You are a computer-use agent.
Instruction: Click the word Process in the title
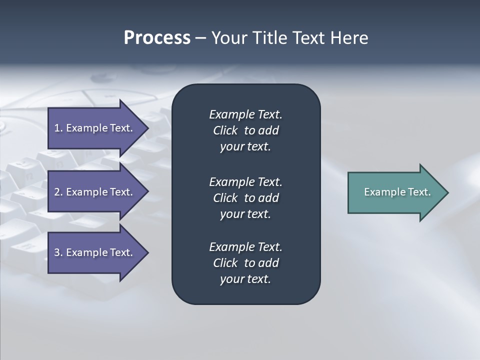click(157, 38)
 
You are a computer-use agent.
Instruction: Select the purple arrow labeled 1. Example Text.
click(93, 128)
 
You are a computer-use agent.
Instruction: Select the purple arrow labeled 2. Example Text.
click(93, 192)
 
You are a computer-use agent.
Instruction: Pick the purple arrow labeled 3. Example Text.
click(93, 252)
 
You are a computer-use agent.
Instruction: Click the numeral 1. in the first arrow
click(58, 128)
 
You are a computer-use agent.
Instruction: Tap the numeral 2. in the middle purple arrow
click(58, 192)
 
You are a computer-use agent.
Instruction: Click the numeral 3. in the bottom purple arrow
click(58, 252)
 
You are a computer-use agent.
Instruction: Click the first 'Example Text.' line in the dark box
click(245, 114)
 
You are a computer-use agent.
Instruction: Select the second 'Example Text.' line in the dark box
click(245, 181)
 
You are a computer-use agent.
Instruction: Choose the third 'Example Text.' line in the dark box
click(245, 247)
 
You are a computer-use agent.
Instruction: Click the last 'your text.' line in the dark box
click(245, 279)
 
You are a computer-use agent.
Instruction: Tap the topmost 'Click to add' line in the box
click(245, 130)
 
